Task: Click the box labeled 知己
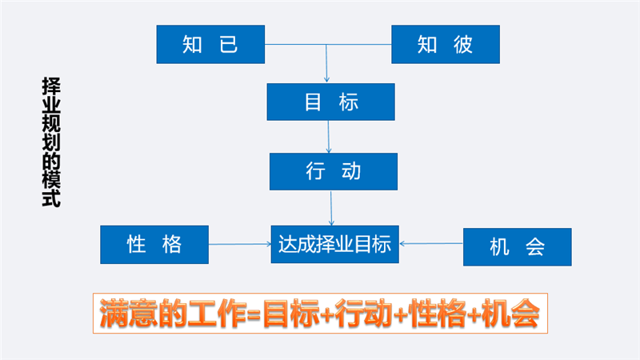[x=210, y=44]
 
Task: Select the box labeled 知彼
[x=446, y=44]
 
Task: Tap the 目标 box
[x=330, y=102]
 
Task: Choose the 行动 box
[x=334, y=171]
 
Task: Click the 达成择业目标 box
[x=334, y=244]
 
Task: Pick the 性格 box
[x=154, y=245]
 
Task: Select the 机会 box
[x=517, y=247]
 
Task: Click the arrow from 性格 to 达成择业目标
[x=240, y=244]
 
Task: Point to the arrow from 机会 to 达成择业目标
[x=431, y=244]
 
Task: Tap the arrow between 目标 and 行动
[x=329, y=137]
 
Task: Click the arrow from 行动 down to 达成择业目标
[x=331, y=208]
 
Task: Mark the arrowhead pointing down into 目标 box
[x=326, y=79]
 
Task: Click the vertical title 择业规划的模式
[x=51, y=142]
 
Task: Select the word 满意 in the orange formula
[x=128, y=314]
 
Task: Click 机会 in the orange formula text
[x=510, y=314]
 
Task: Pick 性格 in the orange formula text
[x=437, y=314]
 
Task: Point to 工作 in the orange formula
[x=218, y=314]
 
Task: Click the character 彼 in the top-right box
[x=463, y=44]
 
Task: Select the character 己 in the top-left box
[x=229, y=44]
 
